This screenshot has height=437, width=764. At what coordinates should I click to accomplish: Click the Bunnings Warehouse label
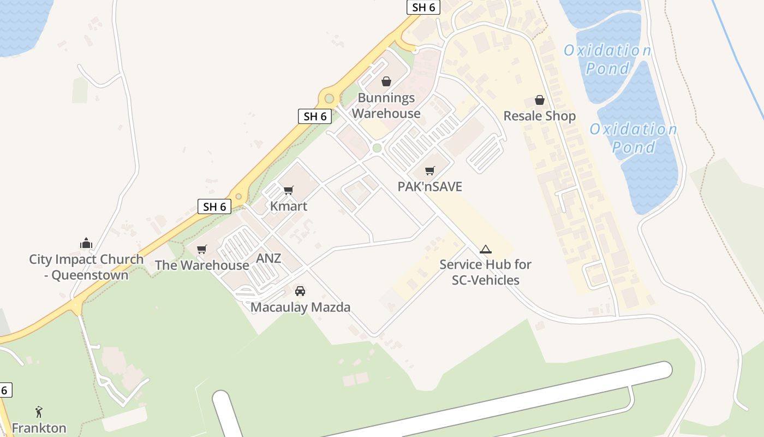click(x=386, y=105)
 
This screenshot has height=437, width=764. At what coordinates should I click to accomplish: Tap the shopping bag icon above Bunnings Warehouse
click(x=386, y=81)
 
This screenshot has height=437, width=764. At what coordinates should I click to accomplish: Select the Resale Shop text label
click(x=539, y=116)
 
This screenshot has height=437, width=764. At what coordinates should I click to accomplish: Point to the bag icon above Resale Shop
click(x=540, y=100)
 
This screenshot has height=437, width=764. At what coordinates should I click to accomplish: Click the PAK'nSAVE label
click(x=429, y=187)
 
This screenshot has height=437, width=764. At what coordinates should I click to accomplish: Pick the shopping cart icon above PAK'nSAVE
click(x=430, y=171)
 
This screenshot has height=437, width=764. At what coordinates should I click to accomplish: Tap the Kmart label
click(x=289, y=206)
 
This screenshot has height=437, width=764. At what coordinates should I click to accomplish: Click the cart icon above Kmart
click(x=289, y=190)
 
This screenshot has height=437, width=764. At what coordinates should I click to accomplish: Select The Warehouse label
click(x=202, y=265)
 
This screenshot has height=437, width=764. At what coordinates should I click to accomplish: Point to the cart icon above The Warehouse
click(x=202, y=250)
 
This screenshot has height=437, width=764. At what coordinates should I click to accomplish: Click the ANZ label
click(x=268, y=258)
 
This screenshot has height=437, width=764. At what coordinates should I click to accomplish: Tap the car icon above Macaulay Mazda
click(x=300, y=291)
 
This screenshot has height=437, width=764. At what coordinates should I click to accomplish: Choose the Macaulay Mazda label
click(x=300, y=307)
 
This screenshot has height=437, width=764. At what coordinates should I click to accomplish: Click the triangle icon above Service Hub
click(x=485, y=250)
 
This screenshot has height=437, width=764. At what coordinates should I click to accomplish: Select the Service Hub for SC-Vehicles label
click(x=485, y=272)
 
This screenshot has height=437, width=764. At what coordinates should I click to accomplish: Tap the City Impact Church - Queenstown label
click(x=86, y=267)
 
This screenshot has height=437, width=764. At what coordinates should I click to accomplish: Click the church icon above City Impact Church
click(x=86, y=243)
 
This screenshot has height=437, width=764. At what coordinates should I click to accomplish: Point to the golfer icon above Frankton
click(x=39, y=411)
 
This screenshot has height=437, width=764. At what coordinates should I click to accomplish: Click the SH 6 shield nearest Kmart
click(x=214, y=206)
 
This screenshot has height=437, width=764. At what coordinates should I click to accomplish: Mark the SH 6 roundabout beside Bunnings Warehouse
click(x=329, y=99)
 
